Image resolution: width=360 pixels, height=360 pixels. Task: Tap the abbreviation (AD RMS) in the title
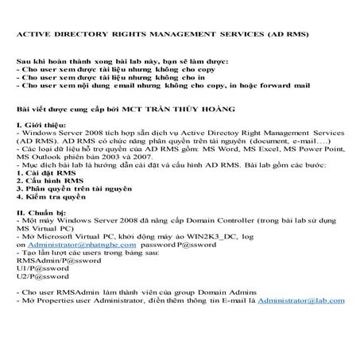pos(287,34)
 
